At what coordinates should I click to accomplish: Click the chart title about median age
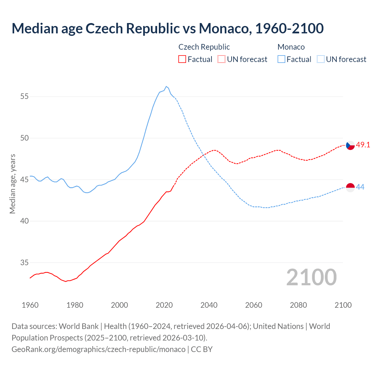point(167,28)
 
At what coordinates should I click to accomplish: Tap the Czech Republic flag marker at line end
point(350,145)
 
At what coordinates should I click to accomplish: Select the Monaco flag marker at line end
point(350,188)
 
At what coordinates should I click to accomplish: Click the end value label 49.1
point(363,145)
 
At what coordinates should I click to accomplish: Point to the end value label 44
point(360,187)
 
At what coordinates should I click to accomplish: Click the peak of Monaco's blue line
point(166,87)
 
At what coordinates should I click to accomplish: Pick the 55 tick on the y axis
point(25,97)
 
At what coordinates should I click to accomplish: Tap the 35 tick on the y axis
point(25,263)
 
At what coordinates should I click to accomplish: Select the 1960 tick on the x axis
point(30,305)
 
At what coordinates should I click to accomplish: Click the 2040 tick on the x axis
point(209,305)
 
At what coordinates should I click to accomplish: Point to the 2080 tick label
point(298,305)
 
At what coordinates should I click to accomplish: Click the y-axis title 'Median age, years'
point(12,184)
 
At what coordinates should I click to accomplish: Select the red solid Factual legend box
point(182,59)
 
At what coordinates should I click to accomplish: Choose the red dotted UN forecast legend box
point(221,59)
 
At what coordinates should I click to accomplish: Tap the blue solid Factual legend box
point(281,59)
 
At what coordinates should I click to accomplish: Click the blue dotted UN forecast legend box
point(321,59)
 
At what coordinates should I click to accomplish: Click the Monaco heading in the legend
point(291,47)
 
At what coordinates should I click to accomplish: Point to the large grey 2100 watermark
point(311,277)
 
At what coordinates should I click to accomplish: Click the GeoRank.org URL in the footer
point(98,349)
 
